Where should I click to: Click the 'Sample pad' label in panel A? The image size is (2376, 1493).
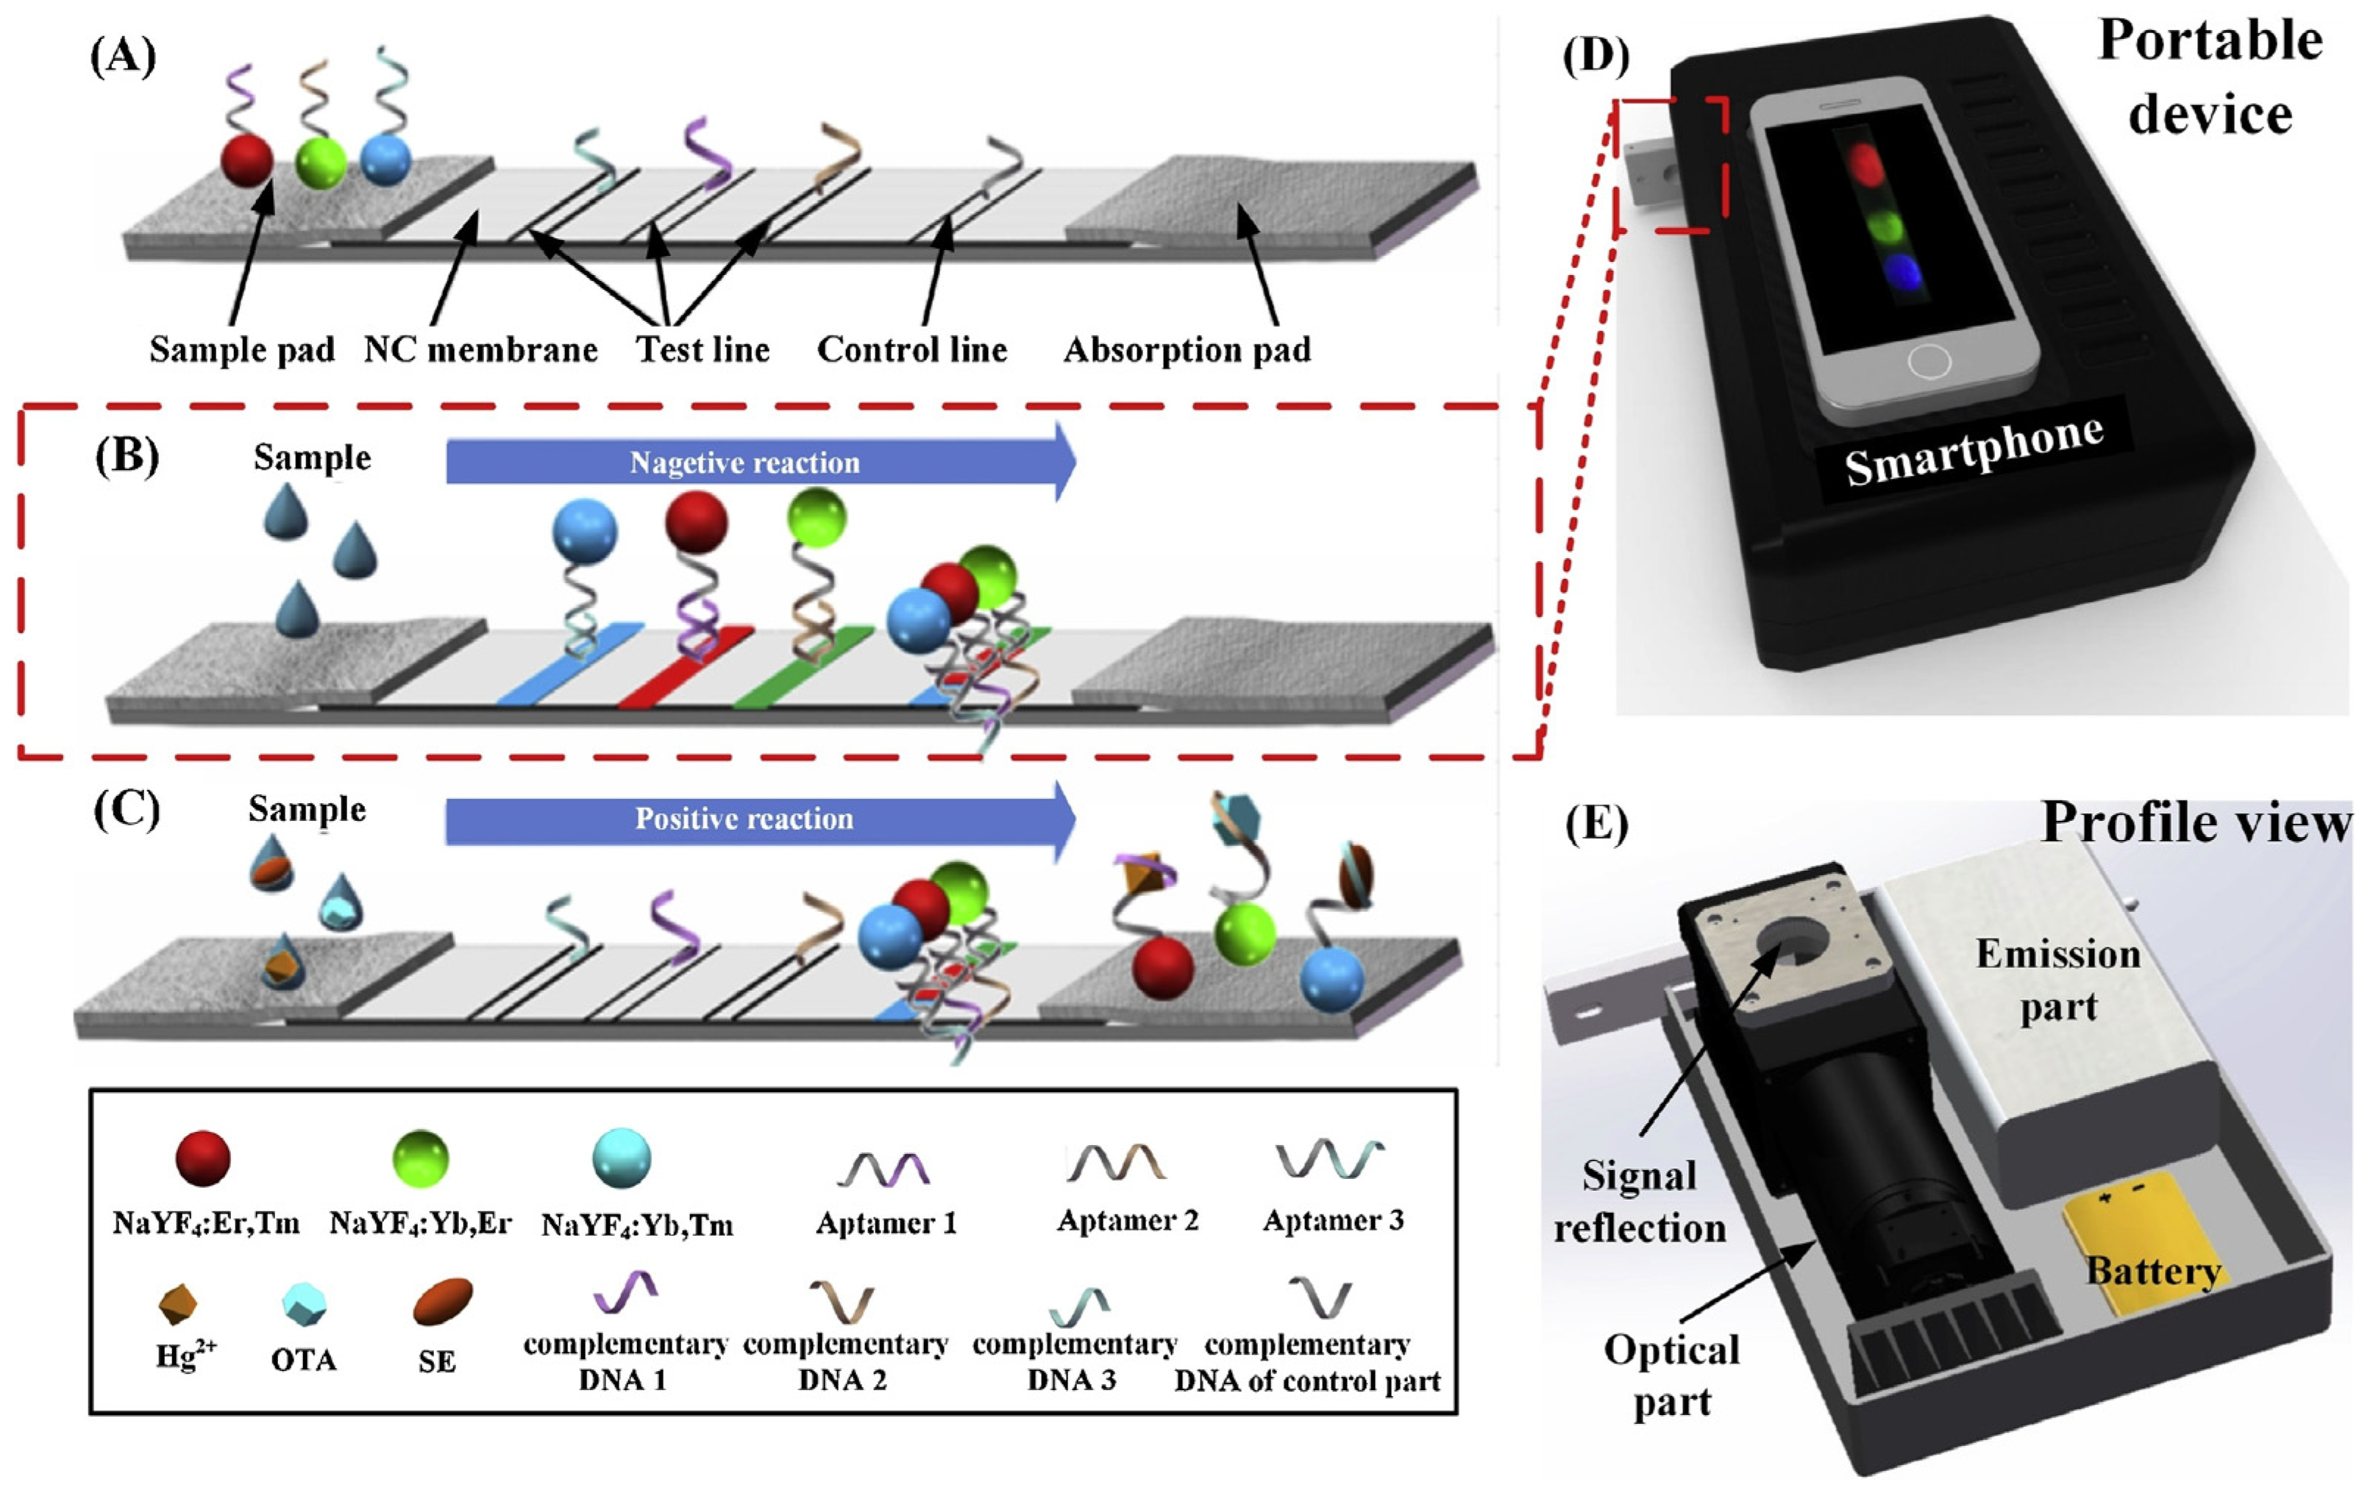click(x=242, y=349)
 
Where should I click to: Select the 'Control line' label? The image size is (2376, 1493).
click(x=911, y=349)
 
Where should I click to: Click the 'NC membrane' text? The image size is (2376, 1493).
click(x=480, y=349)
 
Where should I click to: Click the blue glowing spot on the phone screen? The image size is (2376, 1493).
click(x=1902, y=272)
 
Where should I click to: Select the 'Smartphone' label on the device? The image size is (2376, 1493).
click(x=1974, y=450)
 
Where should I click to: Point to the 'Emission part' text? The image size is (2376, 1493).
click(x=2058, y=980)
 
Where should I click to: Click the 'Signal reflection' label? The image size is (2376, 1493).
click(x=1639, y=1202)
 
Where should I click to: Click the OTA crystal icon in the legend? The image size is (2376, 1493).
click(x=303, y=1303)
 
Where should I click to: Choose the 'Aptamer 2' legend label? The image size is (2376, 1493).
click(x=1127, y=1221)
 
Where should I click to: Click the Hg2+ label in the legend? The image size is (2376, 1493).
click(x=185, y=1357)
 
